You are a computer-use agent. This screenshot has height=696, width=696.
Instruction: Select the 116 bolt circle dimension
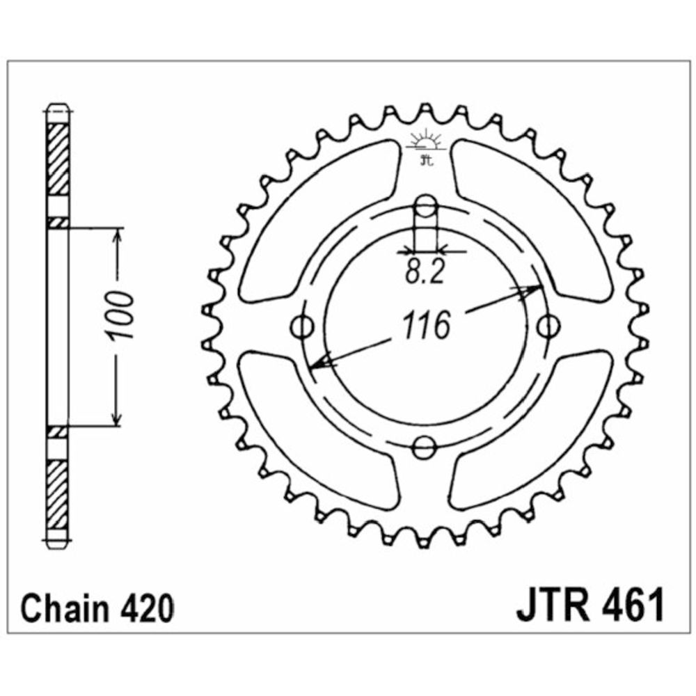(426, 325)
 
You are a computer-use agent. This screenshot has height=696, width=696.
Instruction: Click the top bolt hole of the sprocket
(426, 205)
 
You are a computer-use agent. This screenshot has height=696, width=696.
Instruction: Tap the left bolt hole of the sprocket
(302, 327)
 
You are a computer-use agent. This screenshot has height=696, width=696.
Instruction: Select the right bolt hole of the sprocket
(548, 326)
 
